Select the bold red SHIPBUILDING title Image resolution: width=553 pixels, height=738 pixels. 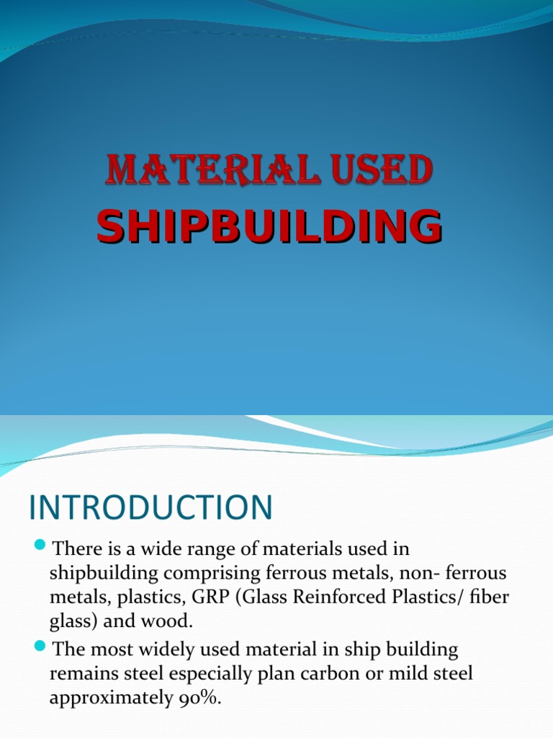(x=269, y=226)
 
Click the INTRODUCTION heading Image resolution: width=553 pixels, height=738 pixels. (x=150, y=507)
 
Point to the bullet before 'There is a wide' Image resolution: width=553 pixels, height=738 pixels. (x=40, y=543)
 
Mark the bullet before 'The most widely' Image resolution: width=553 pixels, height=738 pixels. (x=40, y=644)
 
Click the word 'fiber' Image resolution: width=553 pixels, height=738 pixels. (x=487, y=598)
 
